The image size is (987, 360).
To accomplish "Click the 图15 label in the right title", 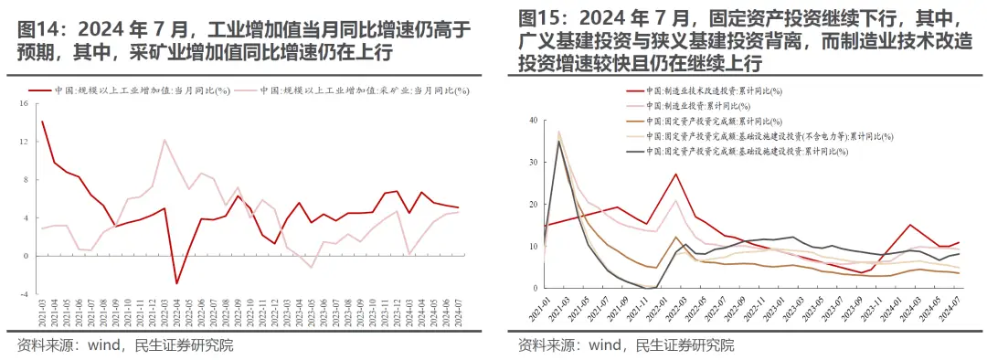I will coord(539,18).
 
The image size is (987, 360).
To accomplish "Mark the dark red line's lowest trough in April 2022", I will coord(177,283).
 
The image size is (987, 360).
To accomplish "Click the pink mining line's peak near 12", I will coord(164,140).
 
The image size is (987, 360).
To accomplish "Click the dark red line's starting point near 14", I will coord(42,122).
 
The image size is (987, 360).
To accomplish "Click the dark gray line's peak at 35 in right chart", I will coord(558,141).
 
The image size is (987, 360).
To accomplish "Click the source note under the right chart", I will coord(625,344).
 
